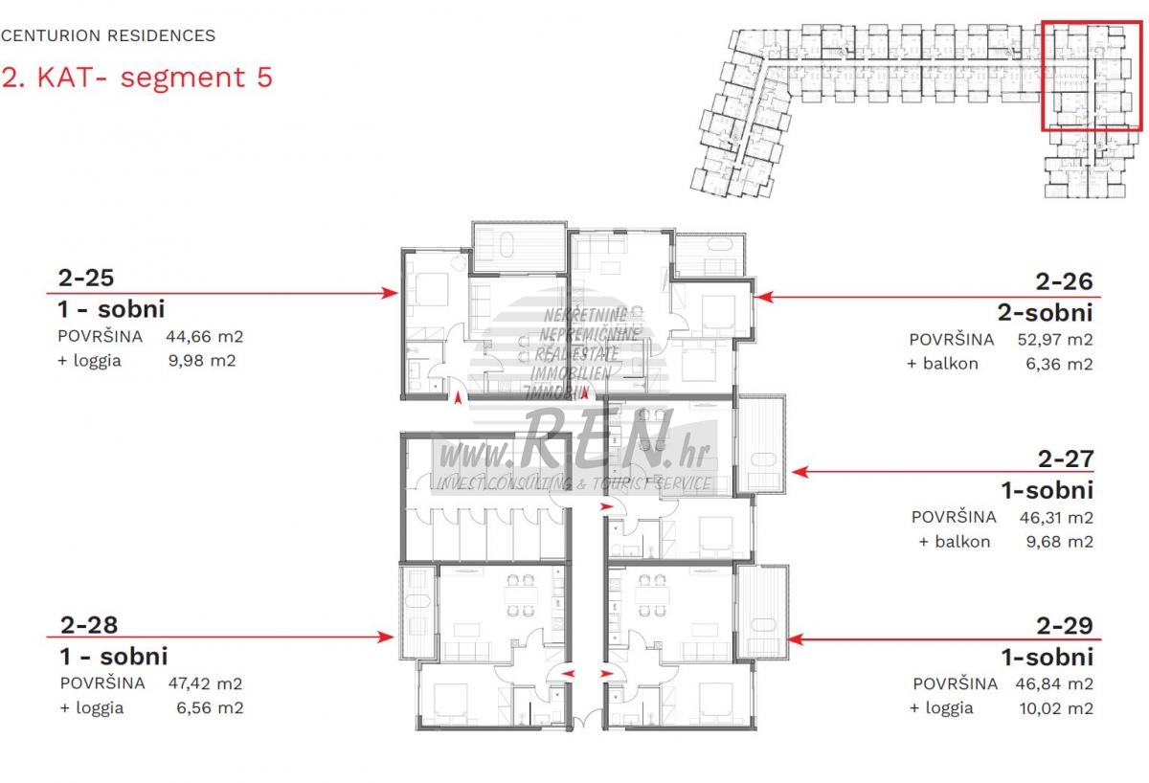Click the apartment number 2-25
click(86, 278)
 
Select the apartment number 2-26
click(1065, 281)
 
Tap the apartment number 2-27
click(1066, 459)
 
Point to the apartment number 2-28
click(89, 625)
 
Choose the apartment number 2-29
click(1065, 626)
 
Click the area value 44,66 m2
click(205, 337)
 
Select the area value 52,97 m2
click(1055, 340)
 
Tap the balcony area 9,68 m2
click(1060, 542)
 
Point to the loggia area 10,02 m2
click(1057, 708)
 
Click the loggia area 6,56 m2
click(211, 708)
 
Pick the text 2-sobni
click(1046, 312)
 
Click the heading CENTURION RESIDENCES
click(108, 35)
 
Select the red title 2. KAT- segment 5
click(137, 78)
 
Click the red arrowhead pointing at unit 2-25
click(390, 293)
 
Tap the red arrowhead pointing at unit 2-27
click(800, 472)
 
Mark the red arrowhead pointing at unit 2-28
click(386, 638)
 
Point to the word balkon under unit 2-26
click(951, 364)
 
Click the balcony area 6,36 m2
click(1060, 364)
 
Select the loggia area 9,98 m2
click(202, 361)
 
